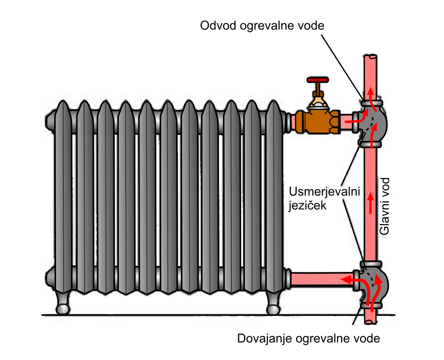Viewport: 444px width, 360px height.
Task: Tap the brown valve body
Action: coord(318,121)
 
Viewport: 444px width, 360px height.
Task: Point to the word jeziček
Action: coord(307,205)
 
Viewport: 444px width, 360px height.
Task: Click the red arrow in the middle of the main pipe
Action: coord(370,202)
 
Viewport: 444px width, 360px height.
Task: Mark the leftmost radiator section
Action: coord(62,197)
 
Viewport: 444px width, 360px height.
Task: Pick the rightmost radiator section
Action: coord(274,197)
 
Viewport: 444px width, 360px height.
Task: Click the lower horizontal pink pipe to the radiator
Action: coord(320,279)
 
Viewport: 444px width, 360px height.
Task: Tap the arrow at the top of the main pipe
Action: coord(370,92)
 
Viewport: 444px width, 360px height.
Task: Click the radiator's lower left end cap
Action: coord(49,277)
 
